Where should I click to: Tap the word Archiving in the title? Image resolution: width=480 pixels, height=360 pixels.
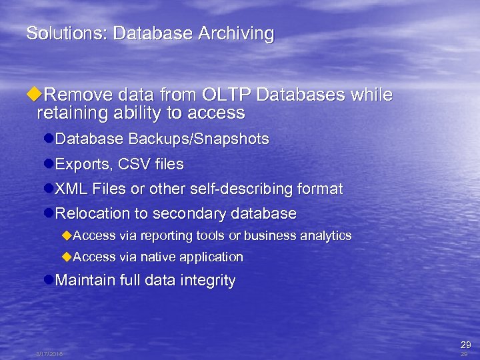(239, 34)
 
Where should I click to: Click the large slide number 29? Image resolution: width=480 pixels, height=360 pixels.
(465, 345)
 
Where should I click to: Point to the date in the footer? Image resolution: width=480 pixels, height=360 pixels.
(50, 355)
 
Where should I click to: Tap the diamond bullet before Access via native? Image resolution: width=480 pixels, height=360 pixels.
(65, 257)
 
